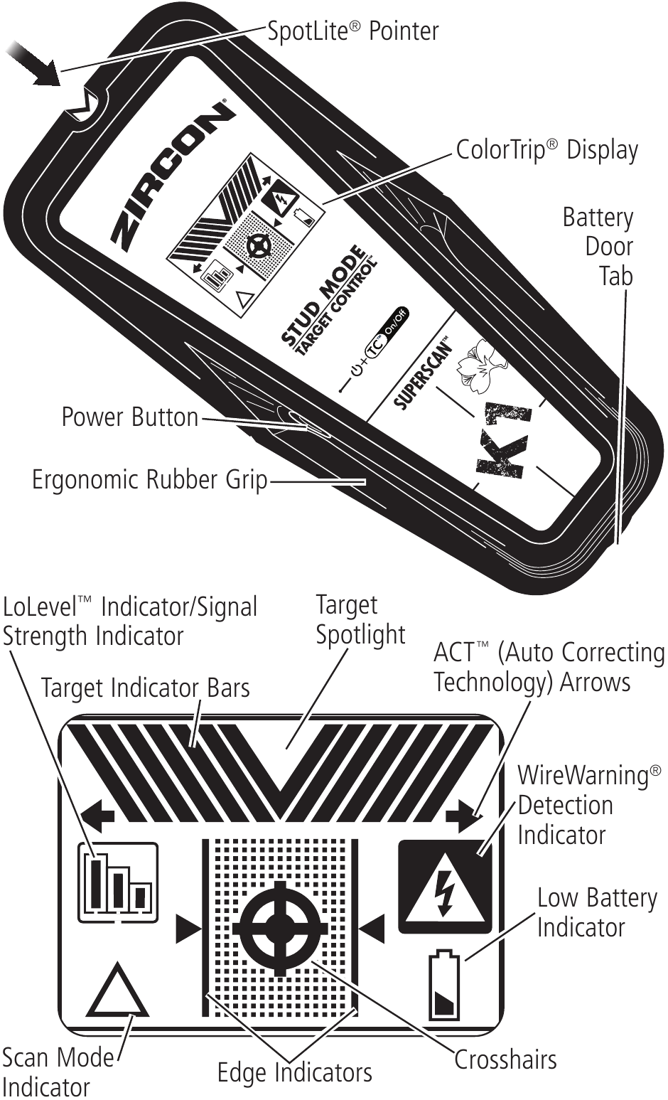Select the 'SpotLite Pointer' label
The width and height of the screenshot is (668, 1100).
click(352, 31)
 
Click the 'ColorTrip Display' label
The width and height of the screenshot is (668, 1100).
click(546, 150)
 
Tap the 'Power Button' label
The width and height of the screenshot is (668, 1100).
click(129, 417)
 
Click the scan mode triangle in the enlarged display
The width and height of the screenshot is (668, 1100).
click(117, 990)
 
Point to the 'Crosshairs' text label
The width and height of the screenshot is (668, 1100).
click(505, 1060)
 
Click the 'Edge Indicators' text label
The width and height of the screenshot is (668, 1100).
click(294, 1072)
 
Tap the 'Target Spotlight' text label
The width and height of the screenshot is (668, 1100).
click(360, 619)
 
